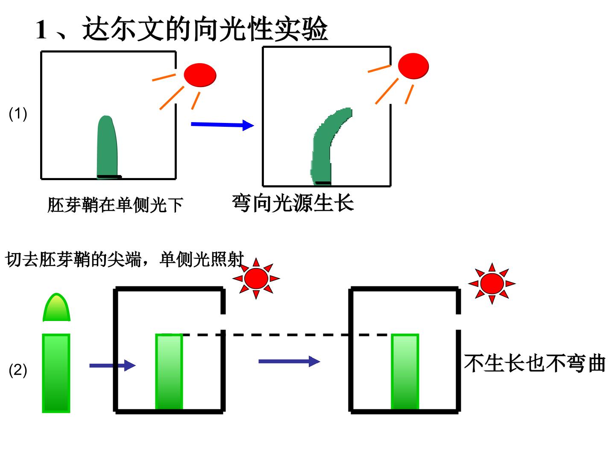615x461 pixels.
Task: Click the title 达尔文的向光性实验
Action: pyautogui.click(x=205, y=29)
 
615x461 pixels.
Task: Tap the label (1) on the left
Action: pyautogui.click(x=18, y=114)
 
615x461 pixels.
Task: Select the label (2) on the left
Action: pyautogui.click(x=18, y=370)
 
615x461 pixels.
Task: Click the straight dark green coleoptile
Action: pyautogui.click(x=107, y=147)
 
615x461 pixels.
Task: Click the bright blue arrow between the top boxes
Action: pyautogui.click(x=223, y=125)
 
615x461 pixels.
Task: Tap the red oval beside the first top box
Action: pyautogui.click(x=200, y=75)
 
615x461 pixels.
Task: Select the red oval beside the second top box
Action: pyautogui.click(x=413, y=66)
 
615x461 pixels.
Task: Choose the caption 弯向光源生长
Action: pyautogui.click(x=293, y=203)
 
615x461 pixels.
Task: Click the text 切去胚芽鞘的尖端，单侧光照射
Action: pyautogui.click(x=125, y=259)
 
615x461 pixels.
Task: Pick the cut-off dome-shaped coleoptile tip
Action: pyautogui.click(x=56, y=307)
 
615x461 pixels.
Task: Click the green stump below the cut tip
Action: pyautogui.click(x=56, y=373)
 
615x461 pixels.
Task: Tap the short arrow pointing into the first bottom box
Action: pyautogui.click(x=113, y=365)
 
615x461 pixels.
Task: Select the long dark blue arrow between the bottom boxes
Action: pyautogui.click(x=289, y=362)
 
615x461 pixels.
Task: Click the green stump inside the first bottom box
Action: pyautogui.click(x=169, y=371)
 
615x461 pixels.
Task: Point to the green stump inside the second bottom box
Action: pyautogui.click(x=405, y=371)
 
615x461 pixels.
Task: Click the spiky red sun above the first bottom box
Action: pyautogui.click(x=256, y=278)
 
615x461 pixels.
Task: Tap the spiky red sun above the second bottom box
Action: pyautogui.click(x=492, y=283)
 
